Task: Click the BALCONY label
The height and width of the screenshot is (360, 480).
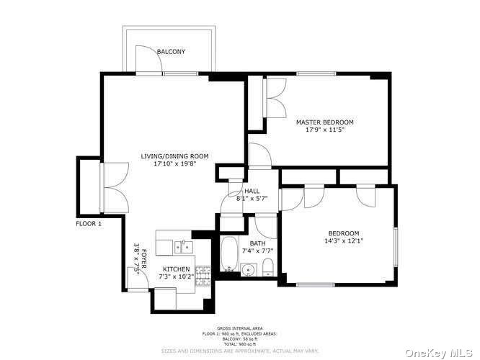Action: (172, 52)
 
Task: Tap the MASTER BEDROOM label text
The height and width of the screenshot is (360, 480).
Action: (324, 122)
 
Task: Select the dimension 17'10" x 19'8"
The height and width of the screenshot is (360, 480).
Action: (174, 164)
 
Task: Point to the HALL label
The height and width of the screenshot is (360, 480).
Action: (252, 192)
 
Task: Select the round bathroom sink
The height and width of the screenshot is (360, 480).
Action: (249, 271)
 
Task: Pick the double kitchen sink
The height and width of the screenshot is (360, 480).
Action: (182, 247)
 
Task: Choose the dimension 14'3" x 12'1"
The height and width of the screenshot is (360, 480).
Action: (344, 241)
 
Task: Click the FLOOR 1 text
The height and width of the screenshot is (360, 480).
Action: (89, 224)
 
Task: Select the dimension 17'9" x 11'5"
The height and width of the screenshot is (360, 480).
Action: (324, 130)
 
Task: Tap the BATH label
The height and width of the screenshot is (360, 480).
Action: (258, 243)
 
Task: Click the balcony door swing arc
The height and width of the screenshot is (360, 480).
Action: (147, 60)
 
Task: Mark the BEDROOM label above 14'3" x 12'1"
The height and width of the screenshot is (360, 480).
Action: (344, 233)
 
